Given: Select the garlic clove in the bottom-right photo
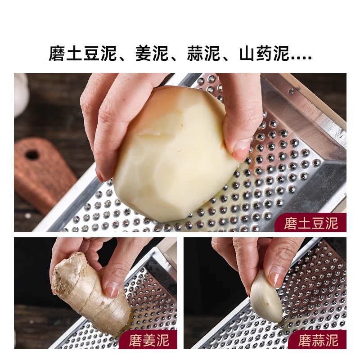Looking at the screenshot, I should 265,297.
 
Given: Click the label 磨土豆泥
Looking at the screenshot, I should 310,223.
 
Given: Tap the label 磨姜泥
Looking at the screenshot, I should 148,340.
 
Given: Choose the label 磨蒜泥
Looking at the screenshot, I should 319,340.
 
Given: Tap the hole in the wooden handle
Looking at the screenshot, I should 32,155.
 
